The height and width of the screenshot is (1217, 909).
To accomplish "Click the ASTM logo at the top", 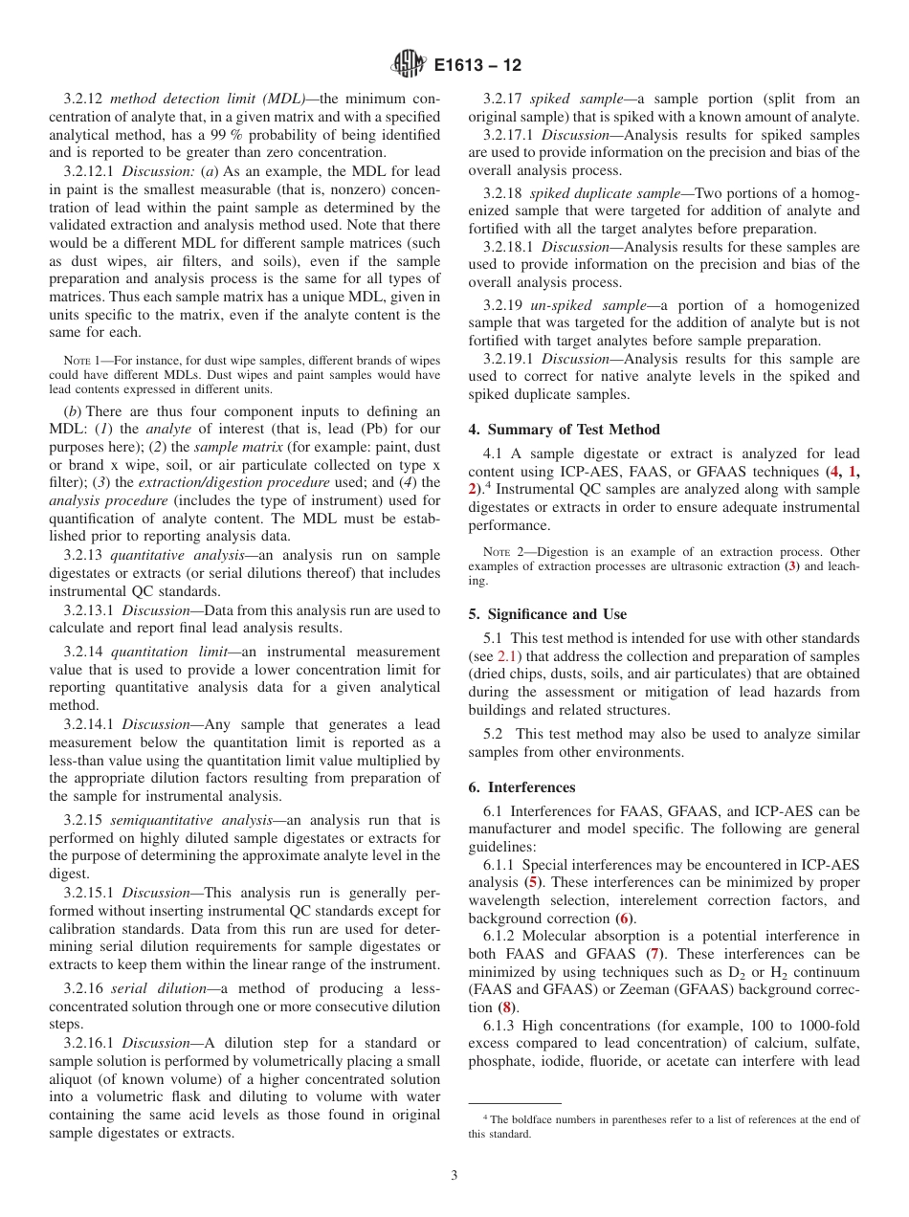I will [410, 65].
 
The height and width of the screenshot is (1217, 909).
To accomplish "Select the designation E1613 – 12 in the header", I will [477, 66].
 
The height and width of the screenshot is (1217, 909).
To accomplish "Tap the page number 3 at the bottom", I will [454, 1175].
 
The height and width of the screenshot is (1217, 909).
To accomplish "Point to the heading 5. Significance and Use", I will [547, 614].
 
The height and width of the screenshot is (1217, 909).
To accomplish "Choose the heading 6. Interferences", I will [521, 787].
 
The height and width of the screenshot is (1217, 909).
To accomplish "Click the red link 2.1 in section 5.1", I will [508, 656].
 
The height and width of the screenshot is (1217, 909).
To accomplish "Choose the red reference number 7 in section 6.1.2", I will [654, 954].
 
